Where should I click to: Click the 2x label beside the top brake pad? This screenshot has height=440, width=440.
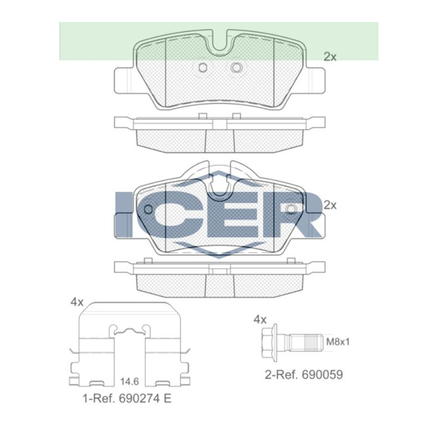click(x=330, y=57)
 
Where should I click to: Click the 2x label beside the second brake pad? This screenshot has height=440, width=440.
click(x=330, y=205)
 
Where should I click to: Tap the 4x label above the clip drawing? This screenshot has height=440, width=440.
click(x=77, y=302)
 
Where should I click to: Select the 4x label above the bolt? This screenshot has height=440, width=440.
click(x=260, y=319)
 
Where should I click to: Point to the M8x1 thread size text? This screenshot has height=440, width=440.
click(x=338, y=342)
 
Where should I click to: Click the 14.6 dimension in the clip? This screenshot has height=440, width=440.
click(x=130, y=381)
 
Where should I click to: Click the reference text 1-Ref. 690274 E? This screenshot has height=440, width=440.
click(x=127, y=399)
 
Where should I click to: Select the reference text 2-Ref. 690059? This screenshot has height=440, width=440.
click(x=304, y=374)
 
